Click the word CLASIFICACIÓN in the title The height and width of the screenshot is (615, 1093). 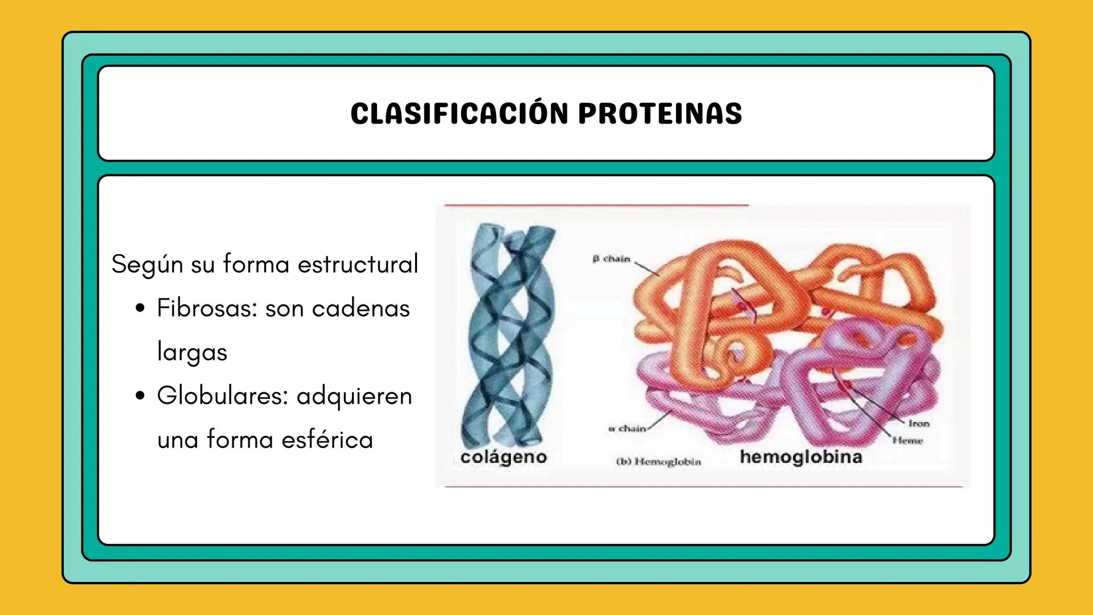(460, 113)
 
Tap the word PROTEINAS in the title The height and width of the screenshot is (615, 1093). (660, 113)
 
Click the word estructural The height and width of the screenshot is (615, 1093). (358, 264)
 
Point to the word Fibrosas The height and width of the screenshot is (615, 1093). (207, 308)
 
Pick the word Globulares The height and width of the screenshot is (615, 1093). (222, 396)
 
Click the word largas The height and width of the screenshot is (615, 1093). (192, 352)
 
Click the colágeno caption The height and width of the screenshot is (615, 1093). (503, 457)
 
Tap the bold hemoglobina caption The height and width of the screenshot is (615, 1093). (801, 457)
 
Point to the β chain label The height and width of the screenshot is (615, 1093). (611, 259)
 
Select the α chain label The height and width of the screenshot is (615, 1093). (627, 428)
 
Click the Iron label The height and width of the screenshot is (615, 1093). (919, 424)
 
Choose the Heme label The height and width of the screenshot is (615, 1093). (907, 440)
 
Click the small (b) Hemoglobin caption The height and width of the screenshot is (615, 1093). (658, 462)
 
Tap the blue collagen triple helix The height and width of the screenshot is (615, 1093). (507, 336)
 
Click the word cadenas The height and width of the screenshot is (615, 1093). (361, 308)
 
